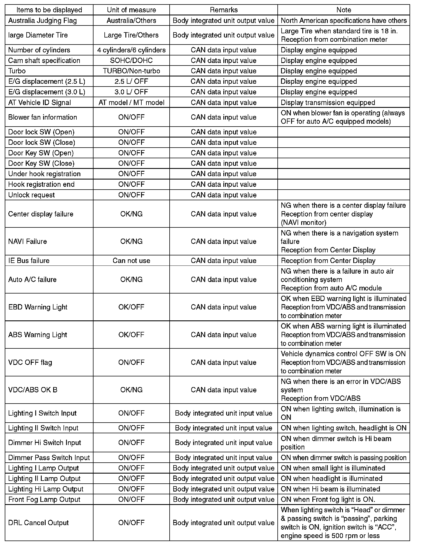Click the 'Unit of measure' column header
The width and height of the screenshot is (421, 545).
pos(131,10)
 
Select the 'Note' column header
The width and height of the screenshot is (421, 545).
pos(343,10)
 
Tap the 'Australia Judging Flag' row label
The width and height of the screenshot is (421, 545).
pos(42,21)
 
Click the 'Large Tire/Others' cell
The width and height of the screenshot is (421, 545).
pos(131,35)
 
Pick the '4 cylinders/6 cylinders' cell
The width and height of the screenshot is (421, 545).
pos(131,50)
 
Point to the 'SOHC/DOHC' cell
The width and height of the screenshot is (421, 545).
pos(131,61)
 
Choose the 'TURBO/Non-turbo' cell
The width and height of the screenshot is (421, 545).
pos(131,71)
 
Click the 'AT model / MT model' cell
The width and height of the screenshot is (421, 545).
pos(131,103)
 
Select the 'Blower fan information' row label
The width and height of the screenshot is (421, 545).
pos(43,117)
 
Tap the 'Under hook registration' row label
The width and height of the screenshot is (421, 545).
pos(44,174)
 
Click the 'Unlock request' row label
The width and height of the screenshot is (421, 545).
pos(31,195)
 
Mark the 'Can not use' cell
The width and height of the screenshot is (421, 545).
pos(131,261)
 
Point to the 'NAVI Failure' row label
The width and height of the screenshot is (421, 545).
pos(27,242)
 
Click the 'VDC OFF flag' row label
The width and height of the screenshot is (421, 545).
pos(30,363)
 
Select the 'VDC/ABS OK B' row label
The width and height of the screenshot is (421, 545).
pos(33,390)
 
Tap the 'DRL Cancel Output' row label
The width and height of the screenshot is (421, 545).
pos(38,523)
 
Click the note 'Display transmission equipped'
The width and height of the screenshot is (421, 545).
pos(328,103)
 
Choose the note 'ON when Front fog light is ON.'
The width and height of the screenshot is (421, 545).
pos(328,500)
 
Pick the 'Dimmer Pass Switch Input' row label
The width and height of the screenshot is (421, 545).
pos(49,458)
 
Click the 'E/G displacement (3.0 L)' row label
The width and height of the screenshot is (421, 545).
pos(46,92)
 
